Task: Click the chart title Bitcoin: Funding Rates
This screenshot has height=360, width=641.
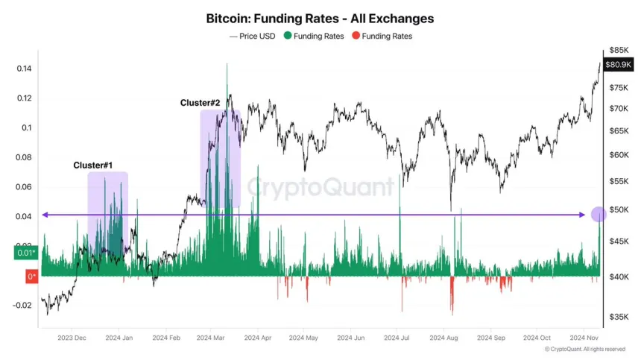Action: tap(320, 18)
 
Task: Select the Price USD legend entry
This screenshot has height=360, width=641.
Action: tap(253, 36)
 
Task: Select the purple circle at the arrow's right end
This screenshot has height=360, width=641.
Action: tap(599, 215)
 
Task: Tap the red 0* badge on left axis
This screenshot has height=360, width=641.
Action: tap(31, 277)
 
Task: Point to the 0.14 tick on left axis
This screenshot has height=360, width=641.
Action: tap(25, 69)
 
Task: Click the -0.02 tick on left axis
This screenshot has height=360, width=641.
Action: tap(22, 305)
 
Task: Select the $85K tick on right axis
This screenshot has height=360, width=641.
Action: tap(619, 50)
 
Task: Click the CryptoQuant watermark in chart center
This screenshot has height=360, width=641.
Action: tap(320, 186)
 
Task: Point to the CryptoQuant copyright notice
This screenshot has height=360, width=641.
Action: tap(584, 349)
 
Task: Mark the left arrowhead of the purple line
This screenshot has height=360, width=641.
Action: tap(44, 215)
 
